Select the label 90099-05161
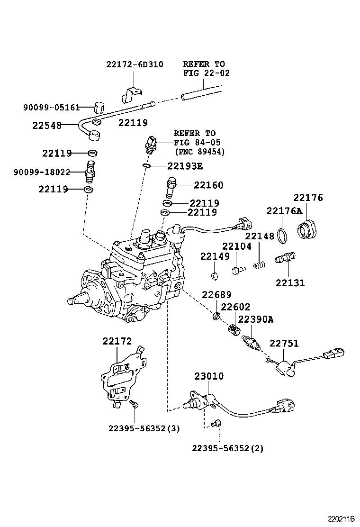tap(51, 108)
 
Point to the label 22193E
tap(185, 166)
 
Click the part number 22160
tap(208, 185)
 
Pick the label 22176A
tap(284, 210)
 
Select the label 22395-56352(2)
tap(228, 447)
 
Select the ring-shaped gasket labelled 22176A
tap(283, 236)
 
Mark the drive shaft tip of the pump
tap(72, 301)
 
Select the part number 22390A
tap(256, 319)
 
